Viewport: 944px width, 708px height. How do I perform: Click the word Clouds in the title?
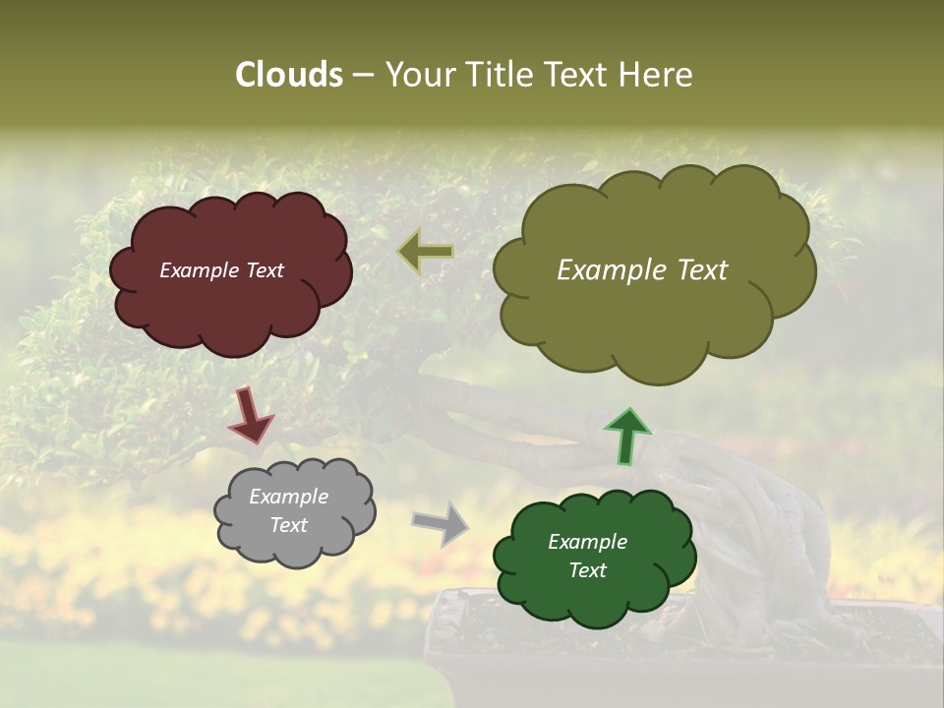[x=289, y=75]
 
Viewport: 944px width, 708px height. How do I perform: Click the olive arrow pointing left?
[x=426, y=252]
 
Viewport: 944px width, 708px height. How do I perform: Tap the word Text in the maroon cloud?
[x=263, y=270]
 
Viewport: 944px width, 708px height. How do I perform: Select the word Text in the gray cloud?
[x=289, y=525]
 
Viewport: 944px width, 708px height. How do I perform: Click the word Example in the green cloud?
[x=587, y=542]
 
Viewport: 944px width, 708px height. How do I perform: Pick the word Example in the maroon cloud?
[x=200, y=270]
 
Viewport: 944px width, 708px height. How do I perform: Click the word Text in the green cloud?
[x=587, y=570]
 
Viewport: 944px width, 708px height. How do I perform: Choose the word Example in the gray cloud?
[x=289, y=497]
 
